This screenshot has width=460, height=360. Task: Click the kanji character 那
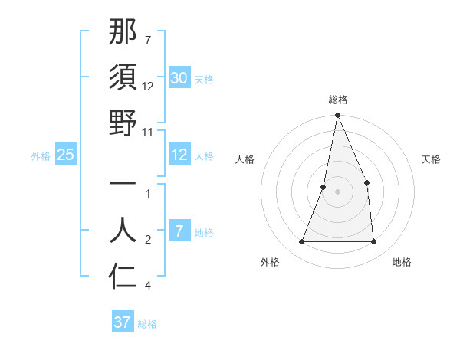tap(123, 33)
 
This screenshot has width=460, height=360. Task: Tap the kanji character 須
tap(123, 78)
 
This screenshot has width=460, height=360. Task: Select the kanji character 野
tap(123, 123)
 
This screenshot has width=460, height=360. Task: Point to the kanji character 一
tap(123, 185)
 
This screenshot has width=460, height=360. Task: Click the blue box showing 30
tap(179, 78)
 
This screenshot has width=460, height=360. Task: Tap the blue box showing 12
tap(179, 155)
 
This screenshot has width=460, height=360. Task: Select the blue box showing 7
tap(179, 231)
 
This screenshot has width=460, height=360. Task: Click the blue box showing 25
tap(65, 155)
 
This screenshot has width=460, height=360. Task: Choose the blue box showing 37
tap(122, 322)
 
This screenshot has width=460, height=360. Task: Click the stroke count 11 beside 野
tap(148, 132)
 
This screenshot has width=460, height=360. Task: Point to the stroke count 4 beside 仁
tap(148, 286)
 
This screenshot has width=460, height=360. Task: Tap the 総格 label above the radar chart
tap(337, 100)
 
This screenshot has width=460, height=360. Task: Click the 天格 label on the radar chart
tap(431, 159)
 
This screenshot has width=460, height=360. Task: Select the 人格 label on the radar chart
tap(245, 159)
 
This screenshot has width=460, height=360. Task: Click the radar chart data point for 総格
tap(337, 116)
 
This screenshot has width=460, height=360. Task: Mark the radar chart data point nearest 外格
tap(302, 241)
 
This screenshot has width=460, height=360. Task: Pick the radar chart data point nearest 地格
tap(373, 241)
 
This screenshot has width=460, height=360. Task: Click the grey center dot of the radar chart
tap(337, 191)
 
